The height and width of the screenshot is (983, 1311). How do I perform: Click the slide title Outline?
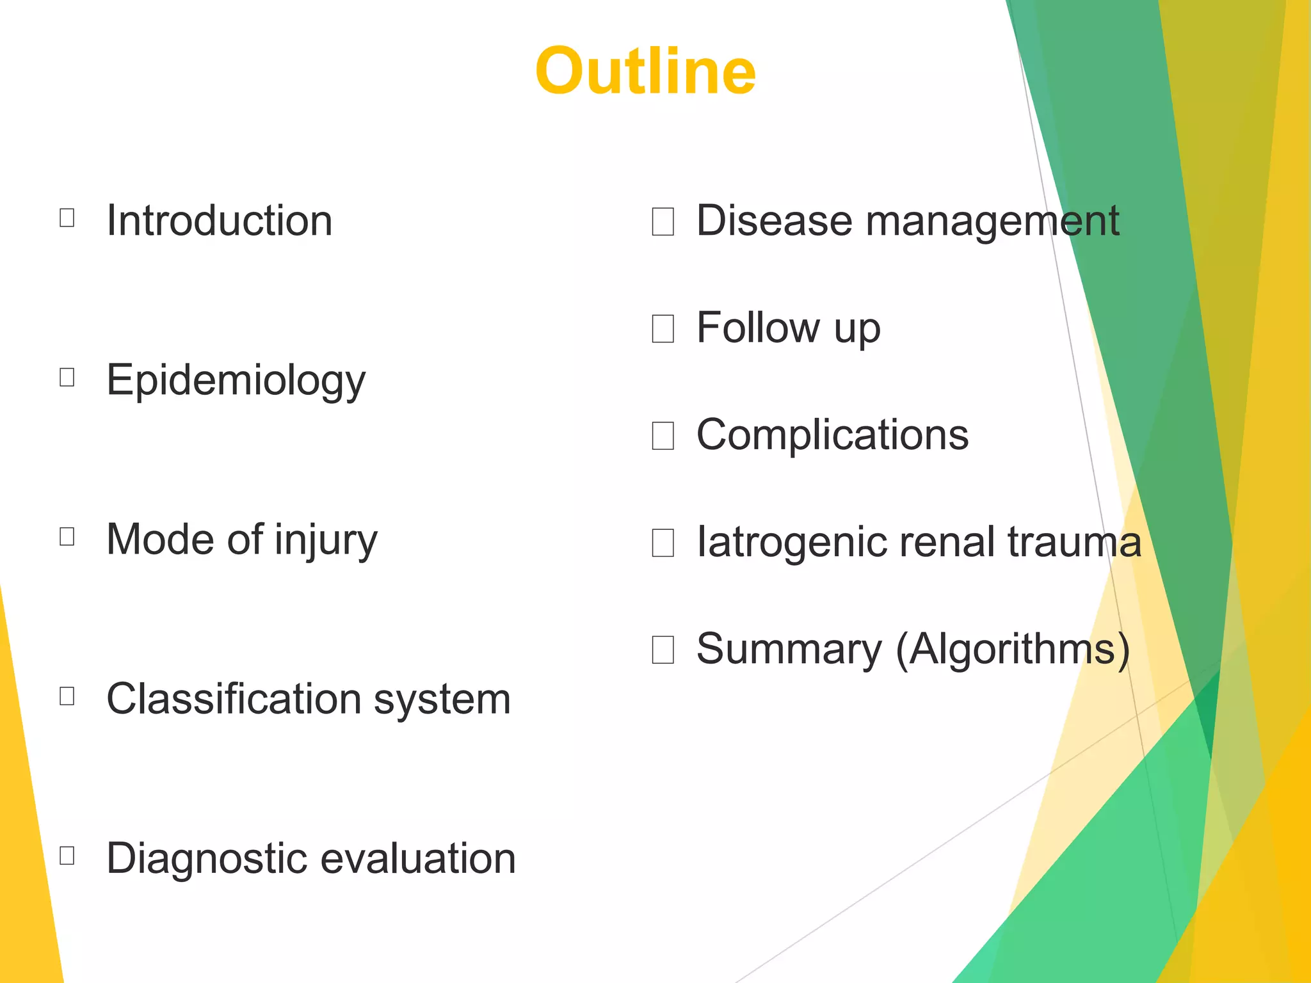[645, 71]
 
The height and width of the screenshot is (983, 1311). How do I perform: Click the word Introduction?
[219, 221]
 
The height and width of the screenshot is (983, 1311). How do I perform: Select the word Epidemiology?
[236, 381]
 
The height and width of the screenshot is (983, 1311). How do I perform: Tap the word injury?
[326, 540]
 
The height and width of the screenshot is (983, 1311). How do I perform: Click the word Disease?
[774, 221]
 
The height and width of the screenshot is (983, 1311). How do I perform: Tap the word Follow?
[757, 328]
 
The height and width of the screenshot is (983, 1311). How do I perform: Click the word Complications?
[832, 435]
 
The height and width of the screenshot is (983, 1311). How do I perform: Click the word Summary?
[789, 650]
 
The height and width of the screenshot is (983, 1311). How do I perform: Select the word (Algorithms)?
[1013, 650]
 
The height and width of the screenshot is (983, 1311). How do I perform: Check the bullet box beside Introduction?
[67, 218]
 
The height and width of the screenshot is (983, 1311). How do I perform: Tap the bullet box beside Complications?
[663, 436]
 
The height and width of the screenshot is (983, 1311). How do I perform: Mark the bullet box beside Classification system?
[67, 696]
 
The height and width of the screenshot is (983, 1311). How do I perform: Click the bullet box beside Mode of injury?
[67, 536]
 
